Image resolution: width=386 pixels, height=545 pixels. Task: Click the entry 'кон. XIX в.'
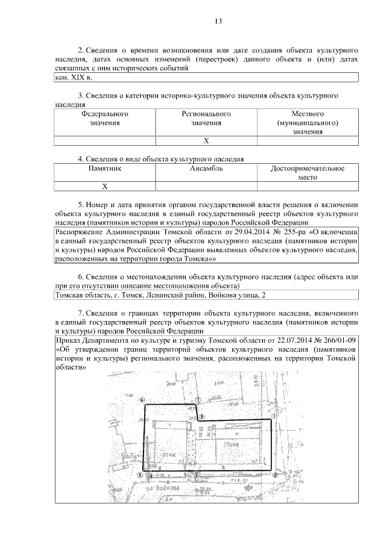coord(73,78)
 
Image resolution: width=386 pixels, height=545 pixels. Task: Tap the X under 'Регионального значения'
coord(206,141)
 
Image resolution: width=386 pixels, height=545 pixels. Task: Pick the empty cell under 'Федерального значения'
coord(105,141)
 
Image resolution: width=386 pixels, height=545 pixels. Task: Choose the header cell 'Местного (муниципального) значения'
coord(308,123)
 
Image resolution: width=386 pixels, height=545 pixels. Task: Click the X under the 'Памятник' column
coord(105,187)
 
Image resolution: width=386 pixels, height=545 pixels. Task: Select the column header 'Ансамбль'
coord(206,169)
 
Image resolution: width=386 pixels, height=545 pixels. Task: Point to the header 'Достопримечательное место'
coord(308,173)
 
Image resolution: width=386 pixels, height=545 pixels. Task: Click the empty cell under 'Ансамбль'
coord(206,187)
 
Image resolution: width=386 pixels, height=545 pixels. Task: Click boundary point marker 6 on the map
coord(142,400)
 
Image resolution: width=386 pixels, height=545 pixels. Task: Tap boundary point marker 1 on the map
coord(274,416)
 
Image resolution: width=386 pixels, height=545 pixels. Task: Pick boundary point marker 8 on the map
coord(202,416)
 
